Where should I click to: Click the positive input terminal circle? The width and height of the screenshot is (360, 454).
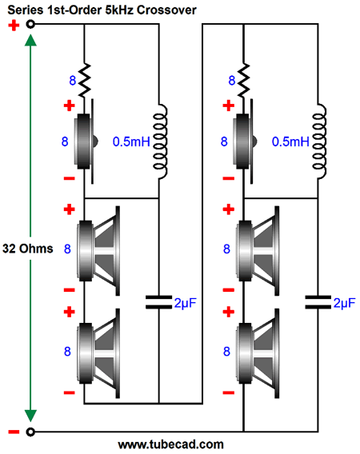point(30,24)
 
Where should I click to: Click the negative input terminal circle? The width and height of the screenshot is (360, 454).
point(30,432)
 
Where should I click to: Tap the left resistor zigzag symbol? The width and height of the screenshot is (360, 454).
point(85,80)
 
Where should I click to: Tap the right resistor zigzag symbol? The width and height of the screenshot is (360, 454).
point(244,80)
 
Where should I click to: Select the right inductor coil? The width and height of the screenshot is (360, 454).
point(319,141)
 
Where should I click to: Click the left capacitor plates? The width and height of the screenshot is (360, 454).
point(158,302)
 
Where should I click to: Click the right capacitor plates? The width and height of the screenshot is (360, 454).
point(318,302)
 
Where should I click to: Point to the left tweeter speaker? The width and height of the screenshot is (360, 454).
point(86,141)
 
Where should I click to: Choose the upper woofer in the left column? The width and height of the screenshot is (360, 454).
point(98,251)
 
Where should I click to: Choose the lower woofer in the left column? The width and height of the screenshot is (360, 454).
point(98,353)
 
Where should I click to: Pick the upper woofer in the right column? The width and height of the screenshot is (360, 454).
point(258,251)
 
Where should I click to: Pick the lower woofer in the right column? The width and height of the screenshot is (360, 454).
point(258,353)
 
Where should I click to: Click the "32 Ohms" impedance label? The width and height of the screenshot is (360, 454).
point(28,249)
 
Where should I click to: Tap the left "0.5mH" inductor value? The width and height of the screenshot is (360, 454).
point(131,141)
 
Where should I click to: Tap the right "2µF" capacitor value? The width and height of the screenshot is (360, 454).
point(344,303)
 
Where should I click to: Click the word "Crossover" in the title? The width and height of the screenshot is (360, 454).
point(166,10)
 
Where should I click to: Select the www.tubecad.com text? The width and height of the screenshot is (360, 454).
point(170,444)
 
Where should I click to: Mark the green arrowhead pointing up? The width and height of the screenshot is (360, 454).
point(30,40)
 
